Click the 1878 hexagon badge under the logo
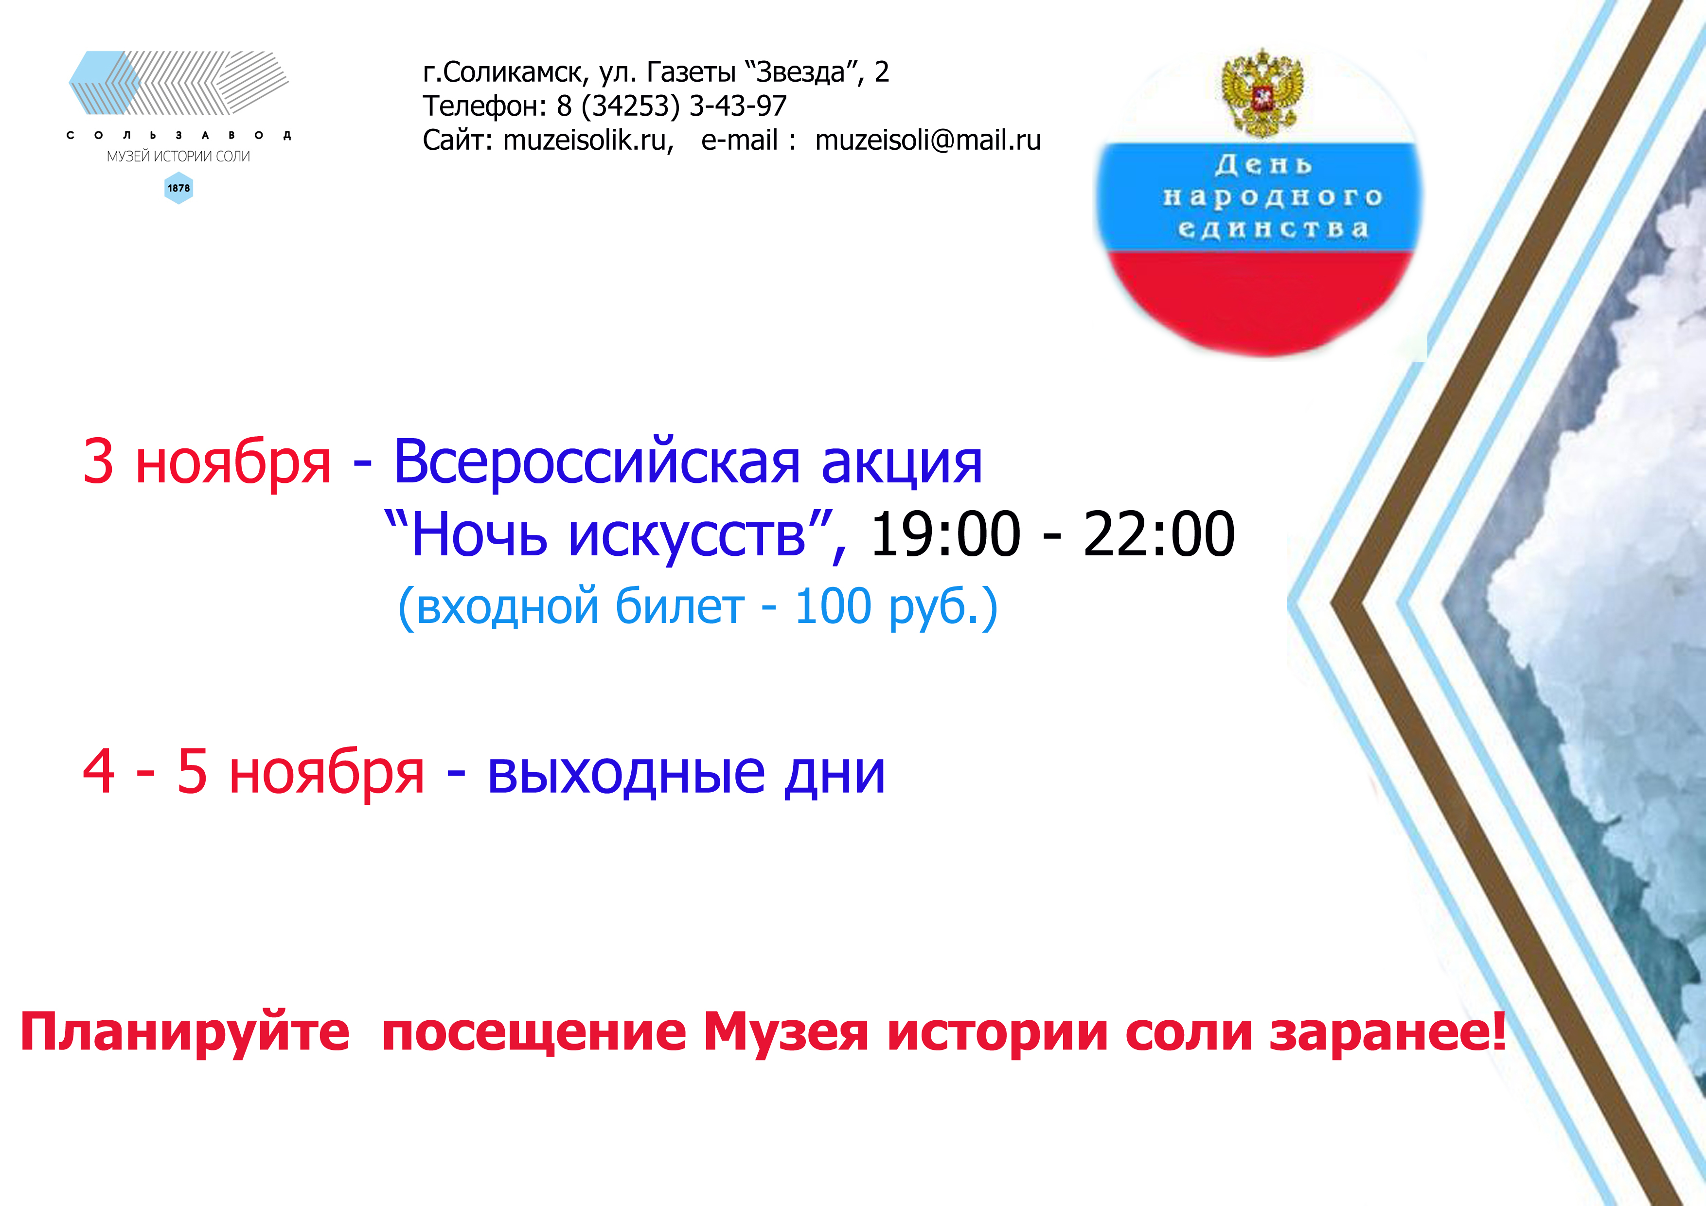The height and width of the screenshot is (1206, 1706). (178, 188)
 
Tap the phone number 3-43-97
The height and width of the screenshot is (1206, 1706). (738, 106)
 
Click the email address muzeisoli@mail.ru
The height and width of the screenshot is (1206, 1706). (928, 141)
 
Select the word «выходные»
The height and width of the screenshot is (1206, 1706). (625, 774)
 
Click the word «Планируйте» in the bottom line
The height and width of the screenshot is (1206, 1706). (184, 1032)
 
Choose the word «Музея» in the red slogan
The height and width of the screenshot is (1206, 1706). (785, 1032)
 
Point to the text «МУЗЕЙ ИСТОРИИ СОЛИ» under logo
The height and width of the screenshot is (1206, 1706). (178, 156)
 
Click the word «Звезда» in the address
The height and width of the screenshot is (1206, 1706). (801, 72)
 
